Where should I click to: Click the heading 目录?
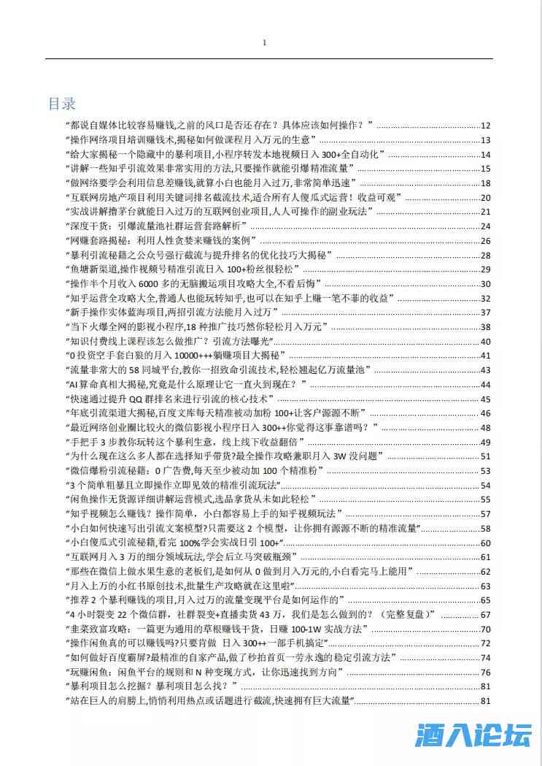pos(62,103)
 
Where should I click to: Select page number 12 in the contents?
pos(486,126)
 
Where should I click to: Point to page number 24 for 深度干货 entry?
pos(486,226)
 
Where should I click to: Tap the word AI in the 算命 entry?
pos(74,384)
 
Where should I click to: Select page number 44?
pos(486,385)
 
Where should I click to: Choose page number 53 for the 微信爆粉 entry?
pos(486,471)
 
